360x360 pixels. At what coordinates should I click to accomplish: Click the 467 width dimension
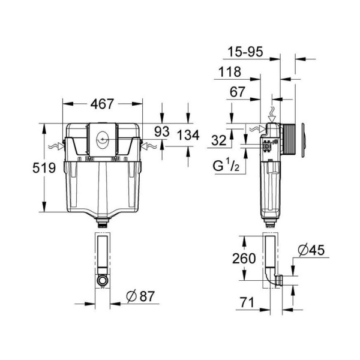coord(102,104)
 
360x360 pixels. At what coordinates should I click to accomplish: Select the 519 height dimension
coord(44,167)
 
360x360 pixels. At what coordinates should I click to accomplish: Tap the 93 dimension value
coord(161,131)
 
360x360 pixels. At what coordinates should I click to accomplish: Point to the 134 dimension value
coord(188,135)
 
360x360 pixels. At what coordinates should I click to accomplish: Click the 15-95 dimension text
coord(245,52)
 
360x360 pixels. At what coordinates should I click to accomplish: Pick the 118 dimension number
coord(230,72)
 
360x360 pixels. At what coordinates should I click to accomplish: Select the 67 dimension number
coord(238,92)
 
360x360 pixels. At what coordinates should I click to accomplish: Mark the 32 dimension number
coord(219,140)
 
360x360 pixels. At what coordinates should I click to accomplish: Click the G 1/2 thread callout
coord(226,165)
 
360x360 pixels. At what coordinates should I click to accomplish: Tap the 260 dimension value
coord(244,259)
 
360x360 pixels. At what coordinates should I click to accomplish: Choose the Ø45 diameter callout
coord(311,250)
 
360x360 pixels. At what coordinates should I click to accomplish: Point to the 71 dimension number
coord(247,302)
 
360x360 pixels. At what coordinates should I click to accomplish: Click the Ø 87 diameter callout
coord(140,296)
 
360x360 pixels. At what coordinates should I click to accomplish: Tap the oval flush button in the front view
coord(102,140)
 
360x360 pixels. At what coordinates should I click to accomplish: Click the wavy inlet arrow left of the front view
coord(56,146)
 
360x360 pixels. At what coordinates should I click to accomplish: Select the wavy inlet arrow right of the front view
coord(149,146)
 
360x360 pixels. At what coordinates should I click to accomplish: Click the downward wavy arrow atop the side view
coord(272,115)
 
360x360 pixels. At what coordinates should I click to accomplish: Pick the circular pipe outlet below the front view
coord(103,280)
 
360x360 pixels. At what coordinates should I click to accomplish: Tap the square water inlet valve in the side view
coord(267,146)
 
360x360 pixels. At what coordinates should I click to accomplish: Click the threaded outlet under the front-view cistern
coord(103,223)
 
